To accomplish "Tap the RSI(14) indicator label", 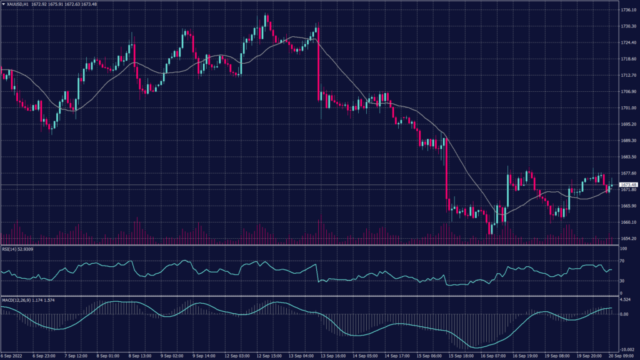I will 8,249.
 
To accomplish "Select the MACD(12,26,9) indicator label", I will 17,300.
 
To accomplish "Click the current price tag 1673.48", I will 627,185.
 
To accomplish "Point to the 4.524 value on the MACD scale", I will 625,300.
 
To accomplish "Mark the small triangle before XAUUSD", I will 4,4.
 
